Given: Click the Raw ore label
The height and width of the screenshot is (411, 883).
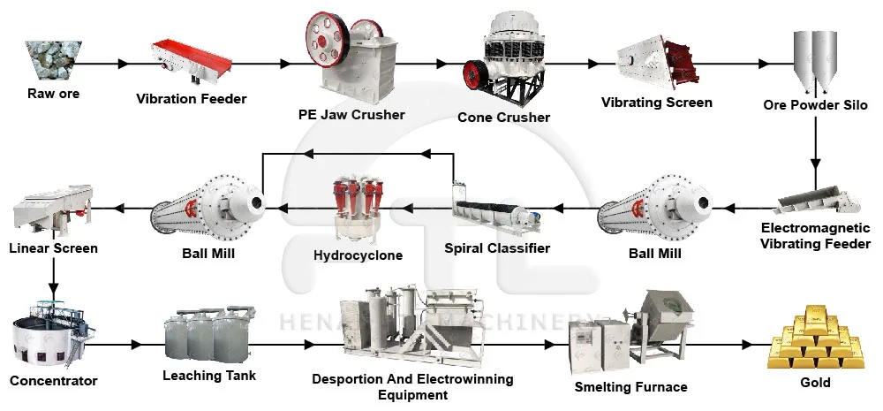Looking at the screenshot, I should (x=53, y=94).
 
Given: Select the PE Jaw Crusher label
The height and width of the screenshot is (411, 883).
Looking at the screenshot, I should (x=351, y=114).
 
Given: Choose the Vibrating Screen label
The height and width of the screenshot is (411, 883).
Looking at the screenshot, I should (x=656, y=102).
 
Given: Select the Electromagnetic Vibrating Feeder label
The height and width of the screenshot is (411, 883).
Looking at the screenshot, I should (x=815, y=236).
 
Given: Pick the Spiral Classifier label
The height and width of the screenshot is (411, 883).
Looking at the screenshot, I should (x=497, y=248).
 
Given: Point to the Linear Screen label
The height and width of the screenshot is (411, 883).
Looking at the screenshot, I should (x=53, y=248).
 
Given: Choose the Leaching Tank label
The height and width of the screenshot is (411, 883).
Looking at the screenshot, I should (x=209, y=376).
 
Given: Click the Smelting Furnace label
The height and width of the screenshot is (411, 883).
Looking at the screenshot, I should (x=630, y=386).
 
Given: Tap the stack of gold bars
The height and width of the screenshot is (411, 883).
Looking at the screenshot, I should (x=814, y=340).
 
